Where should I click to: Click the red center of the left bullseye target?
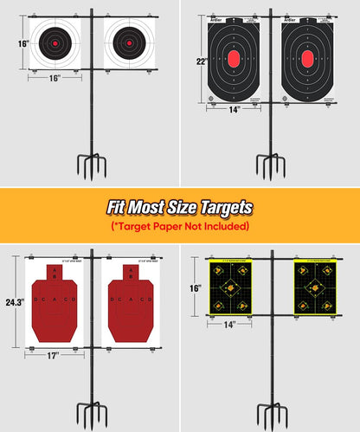point(55,42)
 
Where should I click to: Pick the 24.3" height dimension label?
point(12,303)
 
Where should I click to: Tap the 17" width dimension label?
point(55,356)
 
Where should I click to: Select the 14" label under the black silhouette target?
point(234,110)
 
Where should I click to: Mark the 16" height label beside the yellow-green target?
point(196,287)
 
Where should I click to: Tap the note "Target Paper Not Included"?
point(179,226)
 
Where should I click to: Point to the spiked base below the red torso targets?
point(92,414)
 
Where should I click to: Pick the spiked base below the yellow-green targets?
point(271,414)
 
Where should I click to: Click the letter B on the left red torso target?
point(55,279)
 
